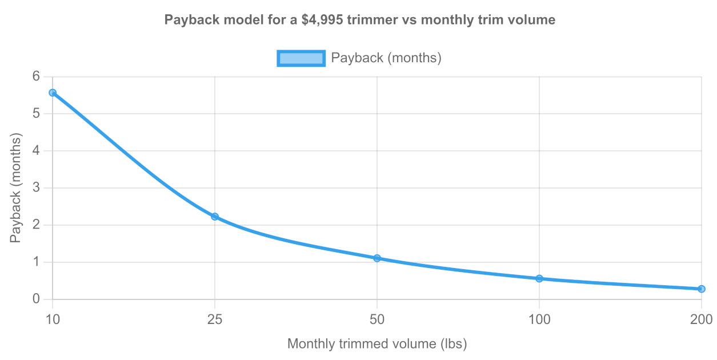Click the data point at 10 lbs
53,93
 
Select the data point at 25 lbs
215,217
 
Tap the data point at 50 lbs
377,258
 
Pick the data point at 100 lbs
539,279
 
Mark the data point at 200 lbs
702,289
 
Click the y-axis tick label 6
37,77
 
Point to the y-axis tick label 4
37,151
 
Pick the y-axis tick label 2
37,225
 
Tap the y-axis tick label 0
37,299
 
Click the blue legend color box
301,58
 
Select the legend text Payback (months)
386,58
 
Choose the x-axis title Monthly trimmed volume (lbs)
377,344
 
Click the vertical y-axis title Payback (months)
15,188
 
